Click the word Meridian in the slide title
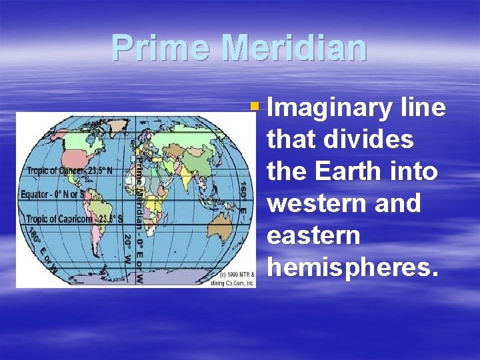(294, 48)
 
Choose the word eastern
(313, 235)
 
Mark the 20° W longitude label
(127, 251)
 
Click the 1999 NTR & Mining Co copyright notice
(237, 279)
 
